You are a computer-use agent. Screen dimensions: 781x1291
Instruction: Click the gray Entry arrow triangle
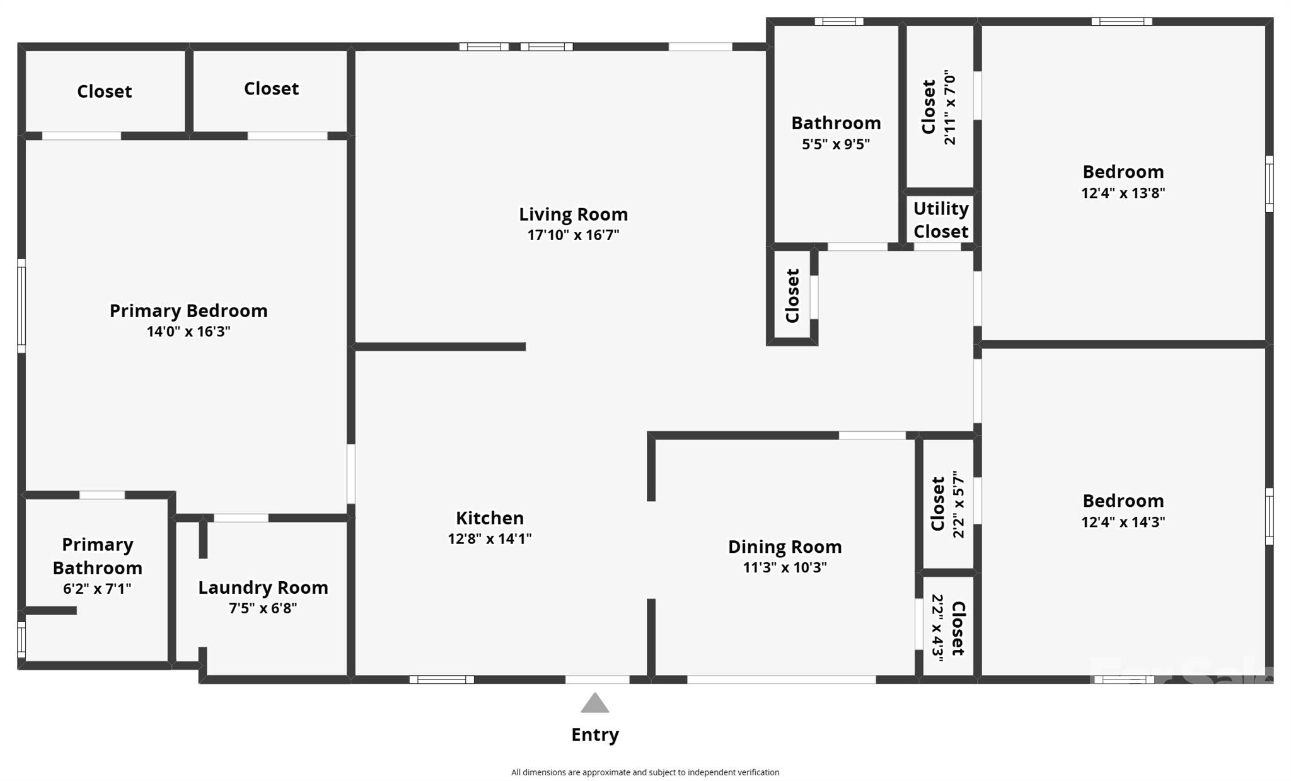pos(594,703)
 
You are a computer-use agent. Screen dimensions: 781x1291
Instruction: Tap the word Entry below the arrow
pos(594,734)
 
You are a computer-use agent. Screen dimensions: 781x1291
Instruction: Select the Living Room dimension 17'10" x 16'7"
pos(573,235)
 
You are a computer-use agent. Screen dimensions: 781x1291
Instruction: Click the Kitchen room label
pos(490,518)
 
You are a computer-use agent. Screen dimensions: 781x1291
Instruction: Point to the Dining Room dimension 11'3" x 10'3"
pos(784,567)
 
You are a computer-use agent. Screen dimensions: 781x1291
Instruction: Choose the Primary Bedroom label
pos(188,310)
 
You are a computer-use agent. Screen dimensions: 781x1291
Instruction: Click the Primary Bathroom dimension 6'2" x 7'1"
pos(97,589)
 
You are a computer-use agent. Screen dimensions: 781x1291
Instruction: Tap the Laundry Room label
pos(263,587)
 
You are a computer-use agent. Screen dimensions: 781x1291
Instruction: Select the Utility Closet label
pos(941,220)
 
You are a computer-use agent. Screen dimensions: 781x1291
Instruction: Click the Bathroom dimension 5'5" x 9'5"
pos(835,144)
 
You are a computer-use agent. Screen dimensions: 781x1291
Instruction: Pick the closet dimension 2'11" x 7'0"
pos(950,108)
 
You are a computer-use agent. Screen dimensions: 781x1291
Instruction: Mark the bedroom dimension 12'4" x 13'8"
pos(1123,193)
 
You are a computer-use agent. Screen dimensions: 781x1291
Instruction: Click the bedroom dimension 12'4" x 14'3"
pos(1123,522)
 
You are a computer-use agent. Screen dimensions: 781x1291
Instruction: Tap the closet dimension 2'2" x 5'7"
pos(958,504)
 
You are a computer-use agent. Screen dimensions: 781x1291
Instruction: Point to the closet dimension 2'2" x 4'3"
pos(937,628)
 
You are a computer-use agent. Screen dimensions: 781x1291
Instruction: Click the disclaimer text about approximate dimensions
pos(645,772)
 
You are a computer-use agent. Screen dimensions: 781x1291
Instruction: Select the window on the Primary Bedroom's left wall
pos(21,306)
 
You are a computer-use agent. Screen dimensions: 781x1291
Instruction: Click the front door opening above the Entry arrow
pos(597,680)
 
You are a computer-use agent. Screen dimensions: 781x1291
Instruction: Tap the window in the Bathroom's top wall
pos(838,21)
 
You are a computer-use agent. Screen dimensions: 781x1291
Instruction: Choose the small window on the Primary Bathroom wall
pos(21,639)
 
